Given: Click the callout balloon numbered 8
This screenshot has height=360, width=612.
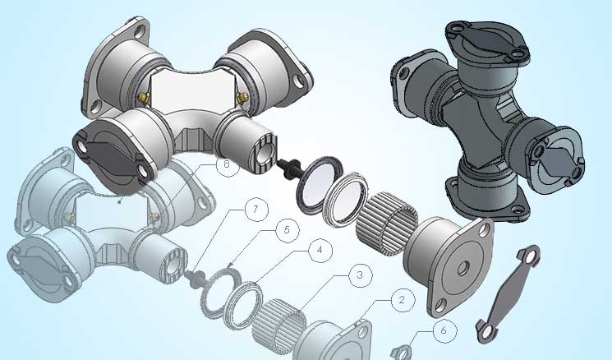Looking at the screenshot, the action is click(x=228, y=164).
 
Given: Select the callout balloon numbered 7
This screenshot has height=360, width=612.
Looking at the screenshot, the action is click(x=256, y=210).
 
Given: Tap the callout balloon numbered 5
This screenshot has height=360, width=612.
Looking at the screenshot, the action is click(x=288, y=230).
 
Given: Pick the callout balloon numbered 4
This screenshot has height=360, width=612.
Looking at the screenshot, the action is click(x=320, y=250).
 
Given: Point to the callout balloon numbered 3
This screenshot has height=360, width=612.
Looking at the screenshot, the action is click(x=361, y=275).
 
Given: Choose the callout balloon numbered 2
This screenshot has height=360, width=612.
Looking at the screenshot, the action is click(x=403, y=300).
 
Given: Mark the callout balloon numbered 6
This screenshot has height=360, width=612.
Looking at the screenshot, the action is click(x=444, y=330).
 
